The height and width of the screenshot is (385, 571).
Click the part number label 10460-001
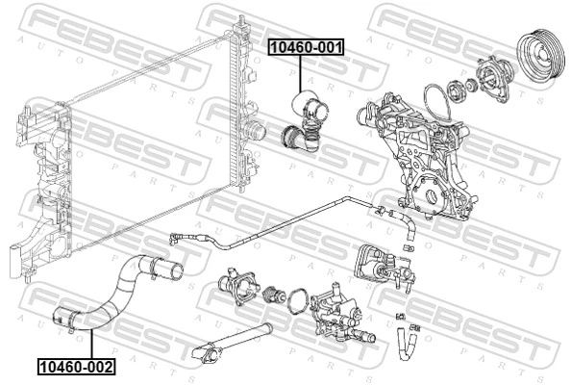(x=305, y=46)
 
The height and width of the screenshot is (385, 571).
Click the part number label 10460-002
(x=76, y=366)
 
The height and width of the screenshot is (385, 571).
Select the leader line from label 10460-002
(x=88, y=344)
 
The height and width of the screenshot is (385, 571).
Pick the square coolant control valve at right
(x=380, y=265)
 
